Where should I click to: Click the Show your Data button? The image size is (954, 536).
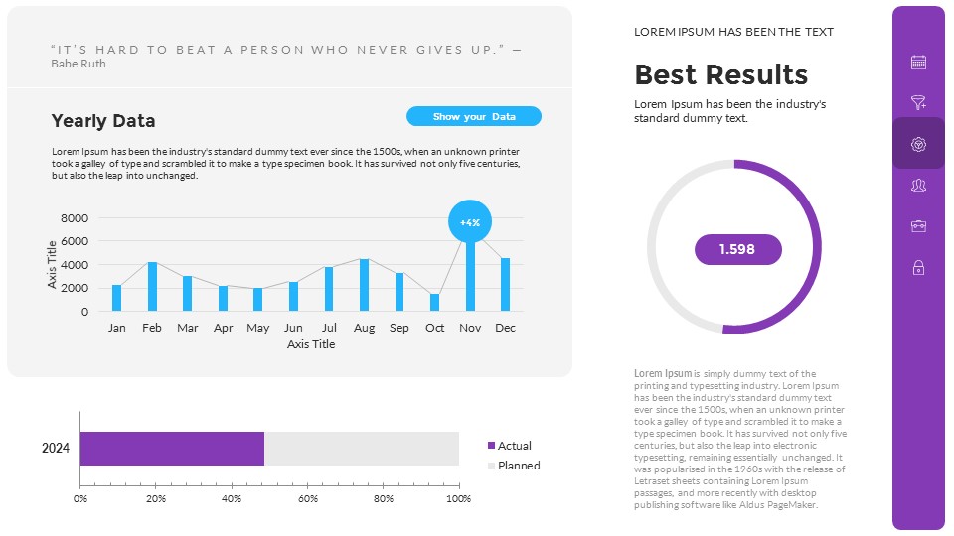pos(474,116)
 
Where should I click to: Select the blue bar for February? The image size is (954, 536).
pos(152,286)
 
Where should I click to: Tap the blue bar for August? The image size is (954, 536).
pos(364,285)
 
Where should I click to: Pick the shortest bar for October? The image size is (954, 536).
pos(434,302)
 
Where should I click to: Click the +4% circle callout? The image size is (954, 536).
pos(470,222)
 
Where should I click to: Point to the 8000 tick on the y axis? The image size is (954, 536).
pos(75,218)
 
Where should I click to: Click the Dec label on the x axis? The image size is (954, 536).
pos(505,328)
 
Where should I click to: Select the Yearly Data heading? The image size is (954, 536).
pos(103,121)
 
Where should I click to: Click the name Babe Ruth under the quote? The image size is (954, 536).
pos(78,64)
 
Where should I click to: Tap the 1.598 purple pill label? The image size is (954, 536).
pos(737,249)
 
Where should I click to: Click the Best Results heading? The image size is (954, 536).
pos(720,75)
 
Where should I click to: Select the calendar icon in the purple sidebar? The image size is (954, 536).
pos(918,63)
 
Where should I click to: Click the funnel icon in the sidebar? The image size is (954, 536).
pos(918,102)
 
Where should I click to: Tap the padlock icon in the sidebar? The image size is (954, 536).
pos(918,267)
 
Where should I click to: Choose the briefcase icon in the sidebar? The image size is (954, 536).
pos(918,226)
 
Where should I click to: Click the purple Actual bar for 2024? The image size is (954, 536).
pos(172,449)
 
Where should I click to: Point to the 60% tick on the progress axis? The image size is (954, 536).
pos(308,498)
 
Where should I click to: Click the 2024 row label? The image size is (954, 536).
pos(56,449)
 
